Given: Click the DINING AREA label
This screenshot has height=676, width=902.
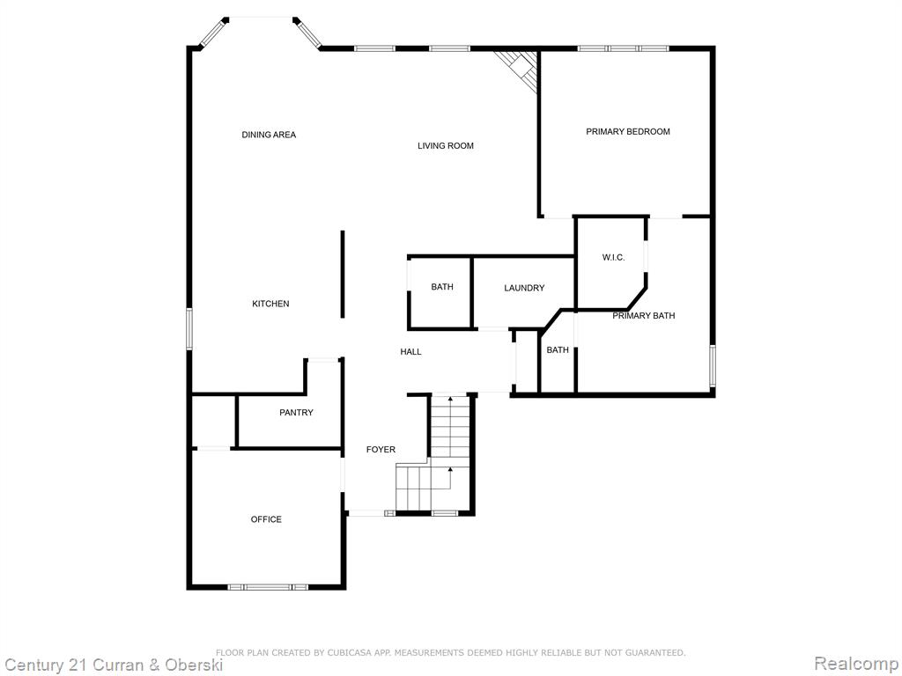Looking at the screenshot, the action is pos(269,135).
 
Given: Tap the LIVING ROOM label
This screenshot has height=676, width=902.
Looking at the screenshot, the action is pos(446,146).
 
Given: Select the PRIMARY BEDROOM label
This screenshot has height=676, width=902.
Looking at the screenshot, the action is pos(627,132).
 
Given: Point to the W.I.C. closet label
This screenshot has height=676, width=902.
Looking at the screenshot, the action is pos(613,258).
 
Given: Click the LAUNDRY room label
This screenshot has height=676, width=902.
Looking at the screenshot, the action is pos(524,288).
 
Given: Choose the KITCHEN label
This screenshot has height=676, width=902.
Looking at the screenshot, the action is pos(270,304).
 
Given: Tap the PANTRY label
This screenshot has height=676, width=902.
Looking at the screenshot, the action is pos(296,413).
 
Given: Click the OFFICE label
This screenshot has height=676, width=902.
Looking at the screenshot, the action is pos(266,519).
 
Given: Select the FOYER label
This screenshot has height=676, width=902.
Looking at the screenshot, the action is pos(381,450).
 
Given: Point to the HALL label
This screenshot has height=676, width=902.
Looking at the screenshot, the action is pos(410,352).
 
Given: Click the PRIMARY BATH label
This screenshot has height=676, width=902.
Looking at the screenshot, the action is pos(643,316).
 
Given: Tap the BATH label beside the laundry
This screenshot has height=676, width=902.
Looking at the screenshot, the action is pos(442,287).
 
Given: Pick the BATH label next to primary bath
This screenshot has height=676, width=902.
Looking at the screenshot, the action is pos(558,350).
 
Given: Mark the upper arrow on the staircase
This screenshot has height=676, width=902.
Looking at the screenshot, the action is pos(450,398).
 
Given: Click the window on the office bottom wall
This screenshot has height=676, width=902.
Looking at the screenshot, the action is pos(268,587).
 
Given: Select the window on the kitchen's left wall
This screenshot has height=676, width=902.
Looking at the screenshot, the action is pos(189,329).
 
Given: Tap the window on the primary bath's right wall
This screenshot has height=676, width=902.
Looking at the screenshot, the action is pos(712,365).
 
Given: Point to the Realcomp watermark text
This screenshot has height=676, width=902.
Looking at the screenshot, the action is pos(855,664).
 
